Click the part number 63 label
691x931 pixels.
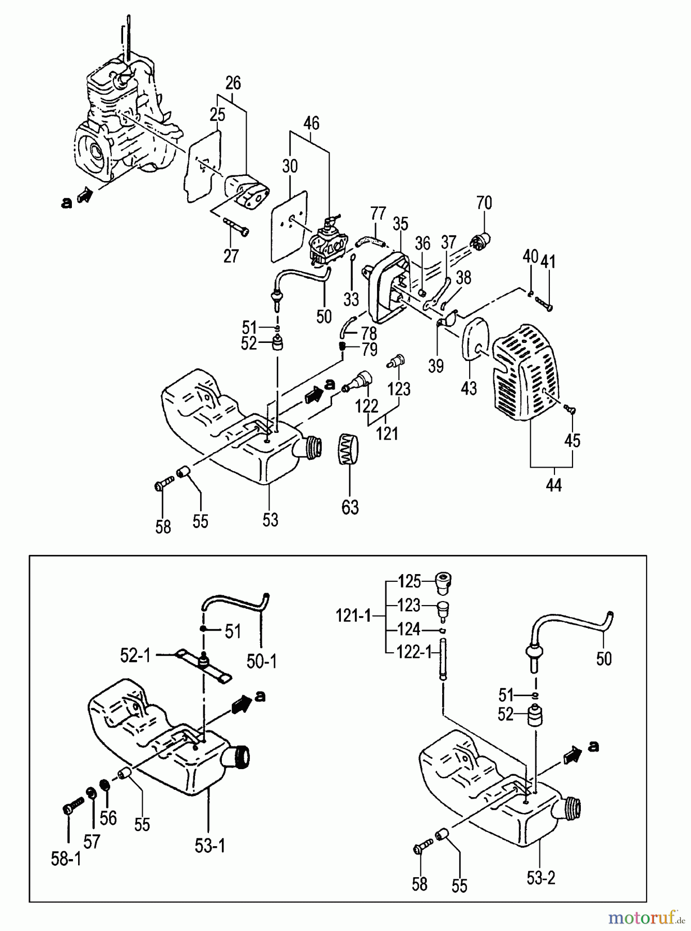click(350, 507)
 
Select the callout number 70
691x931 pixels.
click(484, 203)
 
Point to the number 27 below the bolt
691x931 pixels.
click(231, 256)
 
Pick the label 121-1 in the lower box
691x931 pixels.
click(354, 616)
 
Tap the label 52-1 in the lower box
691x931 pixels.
click(135, 655)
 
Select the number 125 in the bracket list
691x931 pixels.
click(410, 581)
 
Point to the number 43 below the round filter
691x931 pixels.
click(469, 388)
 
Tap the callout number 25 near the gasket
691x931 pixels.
click(218, 115)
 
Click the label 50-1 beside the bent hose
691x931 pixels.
click(262, 662)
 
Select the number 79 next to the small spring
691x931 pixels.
click(369, 350)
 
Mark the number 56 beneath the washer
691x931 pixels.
click(109, 818)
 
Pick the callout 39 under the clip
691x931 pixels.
click(436, 366)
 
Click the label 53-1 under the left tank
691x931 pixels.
click(210, 846)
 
